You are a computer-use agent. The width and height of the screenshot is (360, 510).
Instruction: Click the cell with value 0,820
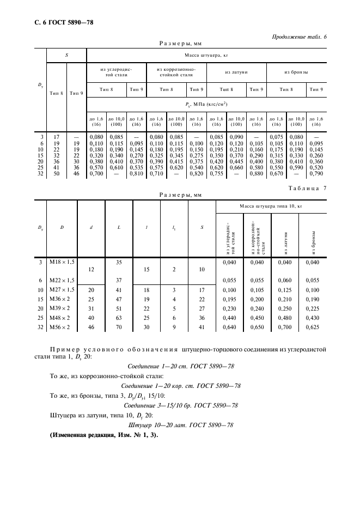tap(196, 174)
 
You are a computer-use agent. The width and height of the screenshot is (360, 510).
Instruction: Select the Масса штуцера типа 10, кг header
tap(271, 205)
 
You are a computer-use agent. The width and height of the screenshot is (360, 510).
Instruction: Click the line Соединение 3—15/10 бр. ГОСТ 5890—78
tap(181, 405)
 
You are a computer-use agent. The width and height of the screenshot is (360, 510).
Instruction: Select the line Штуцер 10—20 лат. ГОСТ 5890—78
tap(181, 425)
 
